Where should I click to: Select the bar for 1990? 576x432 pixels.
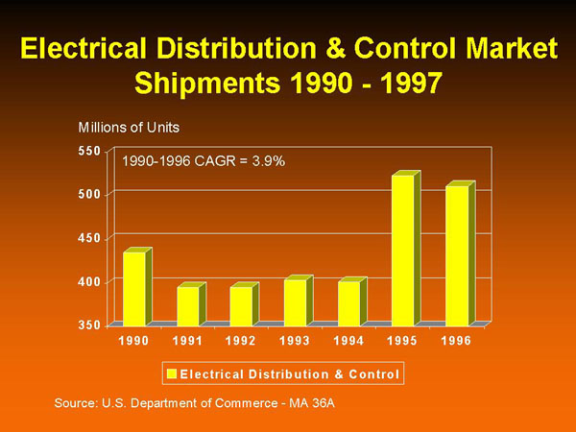[x=134, y=287]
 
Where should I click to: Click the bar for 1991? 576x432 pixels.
[x=188, y=305]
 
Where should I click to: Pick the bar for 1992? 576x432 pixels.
[x=241, y=305]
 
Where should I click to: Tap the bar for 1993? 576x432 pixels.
[x=295, y=301]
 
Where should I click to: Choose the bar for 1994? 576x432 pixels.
[x=348, y=302]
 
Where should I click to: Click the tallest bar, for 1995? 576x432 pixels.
[x=402, y=250]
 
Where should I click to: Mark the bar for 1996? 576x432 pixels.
[x=456, y=254]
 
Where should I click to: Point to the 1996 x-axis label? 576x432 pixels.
[x=456, y=342]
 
